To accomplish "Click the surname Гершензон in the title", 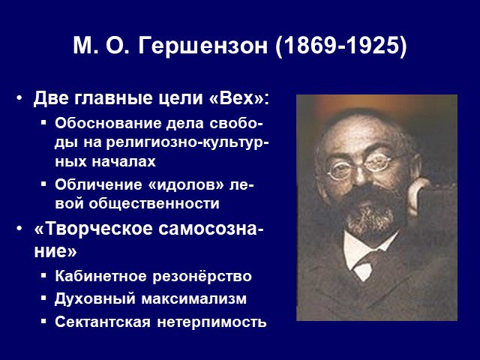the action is coord(202,46).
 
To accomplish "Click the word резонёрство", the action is coord(202,276).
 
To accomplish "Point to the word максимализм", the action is coord(193,298).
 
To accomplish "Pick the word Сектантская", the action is coord(103,322).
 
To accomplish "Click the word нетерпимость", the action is coord(211,322).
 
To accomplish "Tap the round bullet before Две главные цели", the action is coord(19,98).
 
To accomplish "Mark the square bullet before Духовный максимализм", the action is coord(43,298).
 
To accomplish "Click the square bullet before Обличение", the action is coord(43,184).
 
